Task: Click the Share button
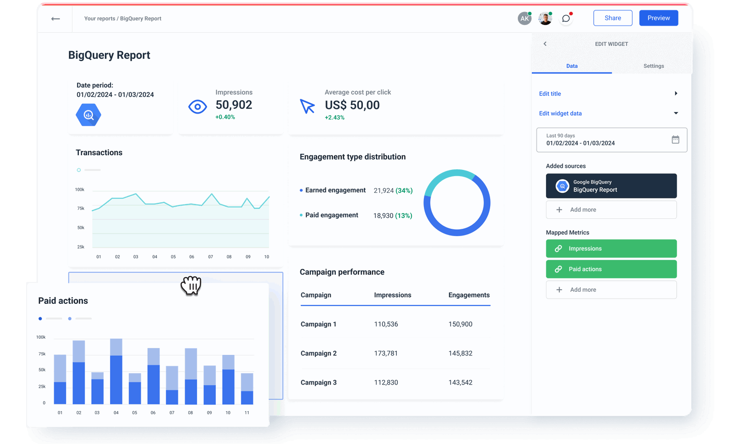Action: tap(613, 18)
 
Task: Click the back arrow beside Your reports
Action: tap(55, 19)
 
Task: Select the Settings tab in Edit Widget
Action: tap(653, 66)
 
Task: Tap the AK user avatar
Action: tap(524, 19)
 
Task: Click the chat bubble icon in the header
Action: tap(566, 19)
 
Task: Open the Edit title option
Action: tap(550, 94)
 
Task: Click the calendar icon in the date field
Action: tap(675, 140)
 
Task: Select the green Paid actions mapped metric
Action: tap(611, 269)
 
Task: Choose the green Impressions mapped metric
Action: tap(611, 249)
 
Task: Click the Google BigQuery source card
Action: tap(611, 186)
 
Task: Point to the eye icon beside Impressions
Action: tap(198, 107)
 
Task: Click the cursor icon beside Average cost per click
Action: tap(308, 106)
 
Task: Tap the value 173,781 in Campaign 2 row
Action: tap(386, 353)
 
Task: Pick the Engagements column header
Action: tap(469, 295)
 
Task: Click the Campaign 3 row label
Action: tap(319, 383)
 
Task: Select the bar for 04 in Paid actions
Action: tap(116, 372)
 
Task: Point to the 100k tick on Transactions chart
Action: tap(80, 190)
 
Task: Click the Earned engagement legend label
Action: tap(335, 190)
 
